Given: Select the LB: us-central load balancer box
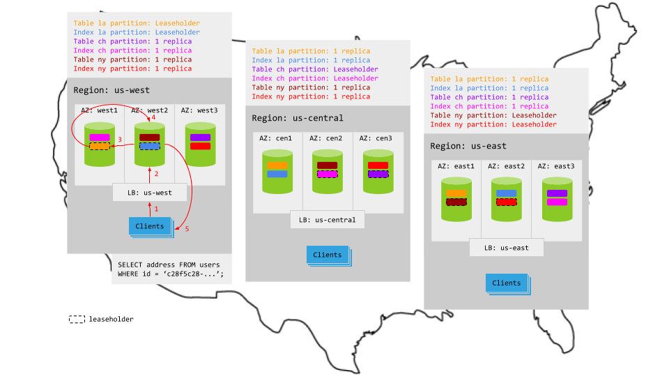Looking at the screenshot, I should (328, 220).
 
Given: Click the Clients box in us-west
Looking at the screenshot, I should (149, 226).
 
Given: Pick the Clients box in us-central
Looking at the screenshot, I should (328, 255).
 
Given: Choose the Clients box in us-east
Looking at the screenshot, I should (506, 283).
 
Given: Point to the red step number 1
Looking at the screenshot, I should (156, 209).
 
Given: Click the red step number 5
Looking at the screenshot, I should (187, 228).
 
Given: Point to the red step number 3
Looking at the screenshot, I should (120, 140).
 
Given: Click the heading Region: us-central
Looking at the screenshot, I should (289, 118).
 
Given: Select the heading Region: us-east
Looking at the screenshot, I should (468, 146).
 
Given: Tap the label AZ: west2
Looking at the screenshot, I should (149, 110).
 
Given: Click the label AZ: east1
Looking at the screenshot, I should (456, 166).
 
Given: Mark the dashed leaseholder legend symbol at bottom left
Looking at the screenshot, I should (77, 319).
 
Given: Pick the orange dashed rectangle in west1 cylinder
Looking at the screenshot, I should (100, 146).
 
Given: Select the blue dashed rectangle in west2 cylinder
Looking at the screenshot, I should (149, 146).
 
